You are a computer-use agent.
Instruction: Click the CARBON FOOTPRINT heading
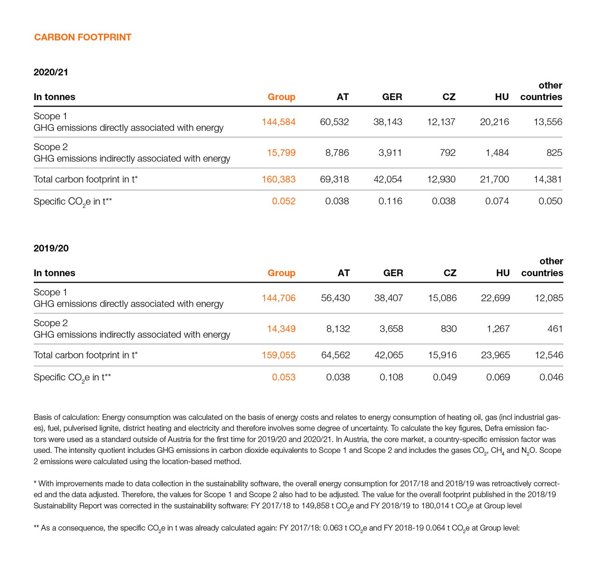point(83,37)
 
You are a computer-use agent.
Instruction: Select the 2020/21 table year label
point(51,72)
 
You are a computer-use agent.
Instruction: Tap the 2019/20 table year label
point(51,248)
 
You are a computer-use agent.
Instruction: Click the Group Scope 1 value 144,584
point(278,122)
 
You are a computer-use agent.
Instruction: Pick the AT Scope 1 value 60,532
point(334,122)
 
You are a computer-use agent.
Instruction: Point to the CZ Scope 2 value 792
point(447,153)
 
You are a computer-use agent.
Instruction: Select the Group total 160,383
point(278,179)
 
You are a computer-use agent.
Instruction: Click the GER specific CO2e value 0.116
point(390,201)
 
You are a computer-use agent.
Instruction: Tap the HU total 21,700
point(494,179)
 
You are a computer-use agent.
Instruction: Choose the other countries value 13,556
point(548,122)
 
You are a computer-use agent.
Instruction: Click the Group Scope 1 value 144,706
point(278,298)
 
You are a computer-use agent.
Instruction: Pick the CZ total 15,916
point(442,355)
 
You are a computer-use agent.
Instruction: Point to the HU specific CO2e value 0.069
point(498,377)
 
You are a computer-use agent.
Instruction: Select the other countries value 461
point(555,329)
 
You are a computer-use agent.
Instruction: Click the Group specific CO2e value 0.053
point(284,377)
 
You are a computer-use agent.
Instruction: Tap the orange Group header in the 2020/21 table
point(281,97)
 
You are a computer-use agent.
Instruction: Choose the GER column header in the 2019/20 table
point(393,273)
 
